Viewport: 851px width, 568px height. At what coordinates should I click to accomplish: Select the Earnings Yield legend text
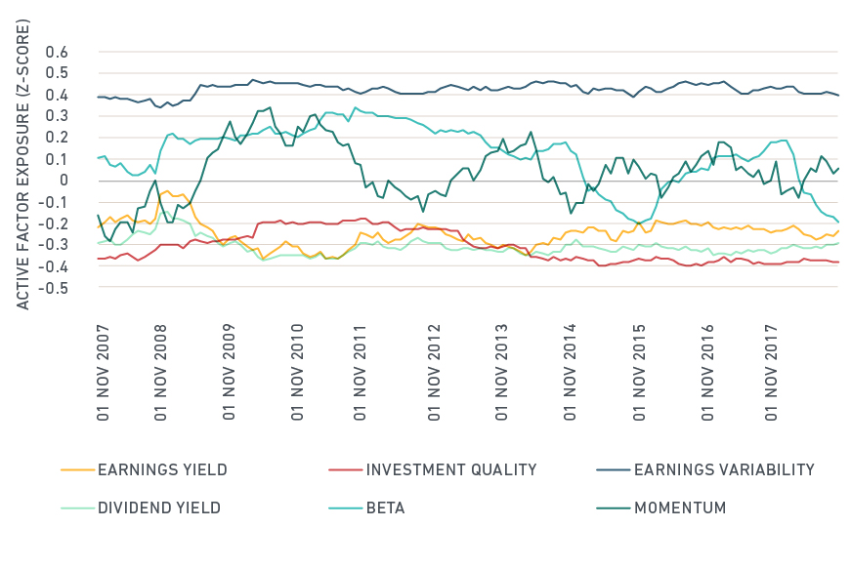[x=162, y=469]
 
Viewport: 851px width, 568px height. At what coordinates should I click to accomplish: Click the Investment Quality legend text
[x=451, y=469]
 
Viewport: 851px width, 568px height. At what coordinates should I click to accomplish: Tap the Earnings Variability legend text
[x=724, y=469]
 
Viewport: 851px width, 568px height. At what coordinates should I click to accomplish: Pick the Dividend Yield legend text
[x=158, y=507]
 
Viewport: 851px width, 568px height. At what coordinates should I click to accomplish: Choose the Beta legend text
[x=385, y=507]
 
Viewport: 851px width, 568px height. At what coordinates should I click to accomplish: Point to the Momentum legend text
[x=680, y=507]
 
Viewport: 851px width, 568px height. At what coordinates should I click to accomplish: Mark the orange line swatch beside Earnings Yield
[x=76, y=469]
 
